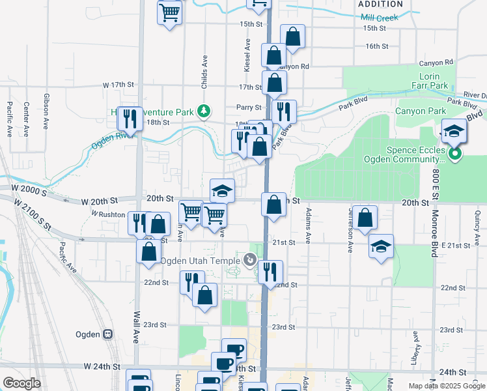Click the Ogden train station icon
108,334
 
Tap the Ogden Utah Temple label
201,261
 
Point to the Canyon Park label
420,111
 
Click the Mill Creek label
379,18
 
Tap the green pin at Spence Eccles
455,154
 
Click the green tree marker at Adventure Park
204,111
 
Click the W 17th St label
118,85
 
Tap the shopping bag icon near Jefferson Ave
365,218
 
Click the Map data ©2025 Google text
446,385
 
